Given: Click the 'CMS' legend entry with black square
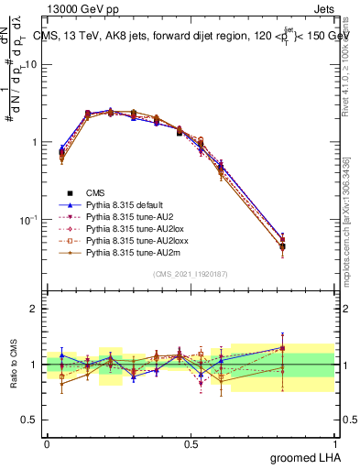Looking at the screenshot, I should [x=97, y=192].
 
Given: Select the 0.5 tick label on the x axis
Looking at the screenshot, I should [x=191, y=442].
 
